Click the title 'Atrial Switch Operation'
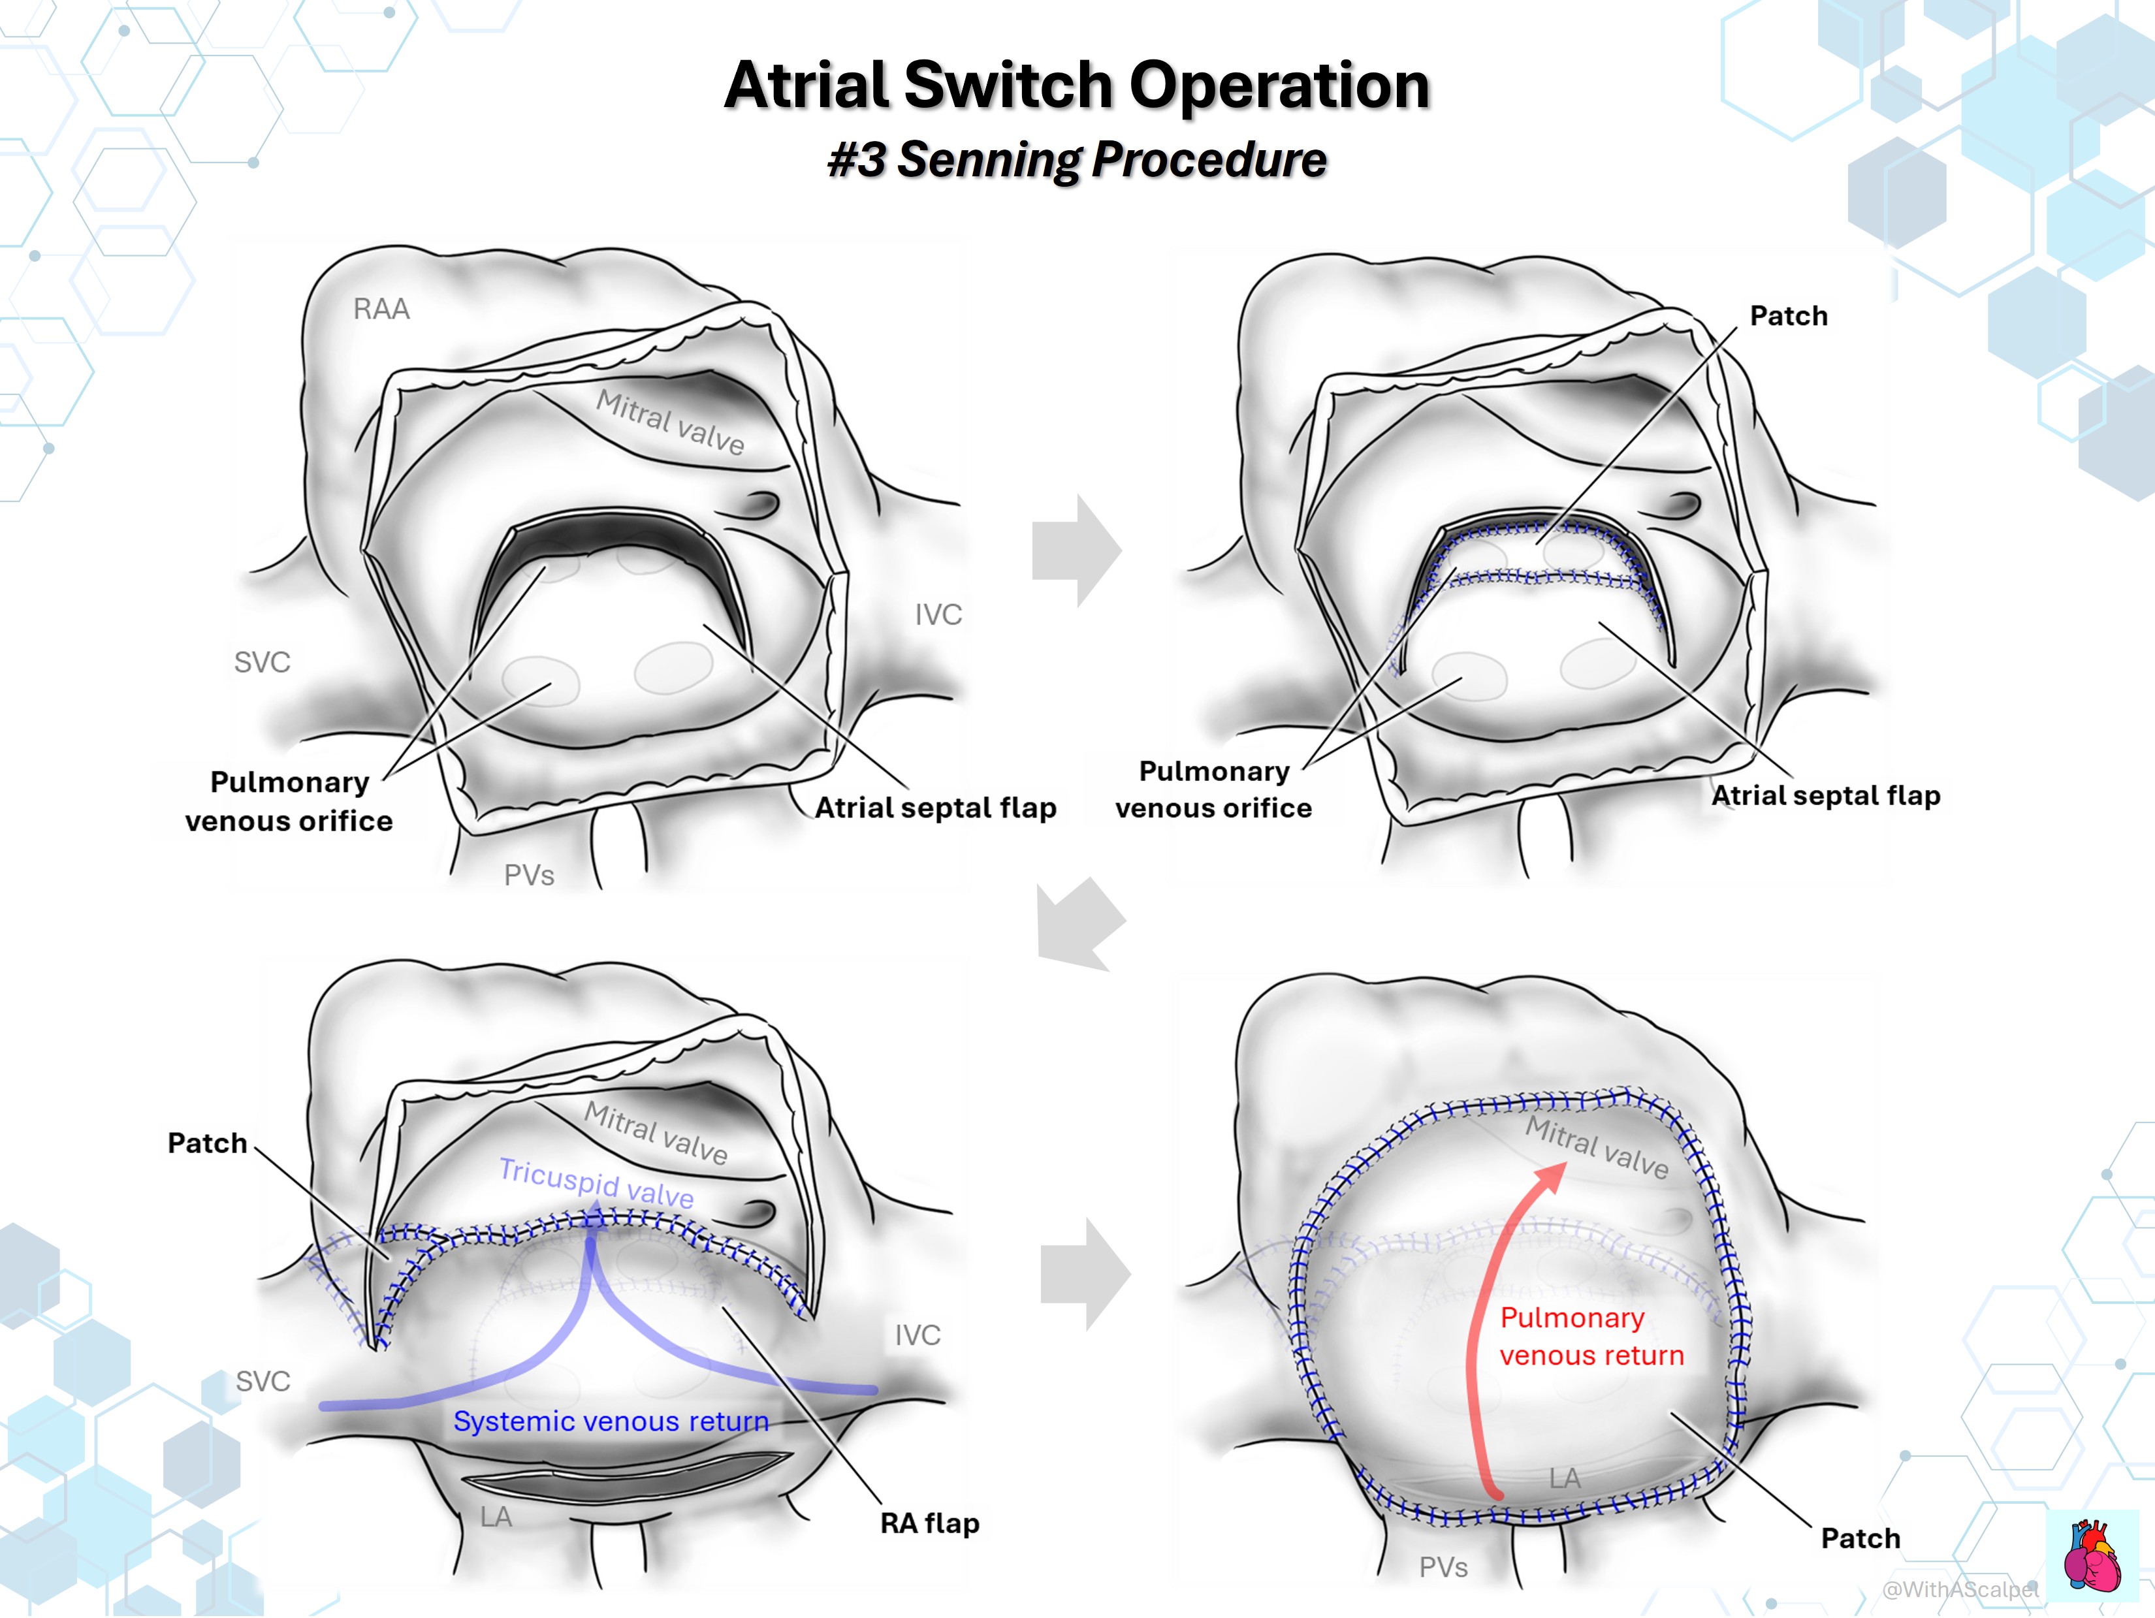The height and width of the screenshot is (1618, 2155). [x=1077, y=85]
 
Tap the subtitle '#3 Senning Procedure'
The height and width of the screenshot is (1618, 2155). [x=1077, y=159]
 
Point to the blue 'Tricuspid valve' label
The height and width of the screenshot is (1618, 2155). [x=596, y=1182]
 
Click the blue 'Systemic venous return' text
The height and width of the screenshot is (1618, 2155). [x=611, y=1421]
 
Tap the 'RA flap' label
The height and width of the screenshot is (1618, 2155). [x=929, y=1523]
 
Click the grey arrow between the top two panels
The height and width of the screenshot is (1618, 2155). [x=1077, y=550]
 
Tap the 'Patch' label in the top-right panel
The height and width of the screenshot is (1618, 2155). [x=1789, y=315]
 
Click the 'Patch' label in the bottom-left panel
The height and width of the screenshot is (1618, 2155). [x=208, y=1143]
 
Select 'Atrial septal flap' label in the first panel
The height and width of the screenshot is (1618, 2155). [x=935, y=808]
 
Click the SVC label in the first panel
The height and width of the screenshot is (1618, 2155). [x=262, y=662]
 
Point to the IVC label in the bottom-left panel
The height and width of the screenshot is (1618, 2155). [x=918, y=1335]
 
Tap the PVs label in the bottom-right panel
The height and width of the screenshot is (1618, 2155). [x=1443, y=1567]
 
